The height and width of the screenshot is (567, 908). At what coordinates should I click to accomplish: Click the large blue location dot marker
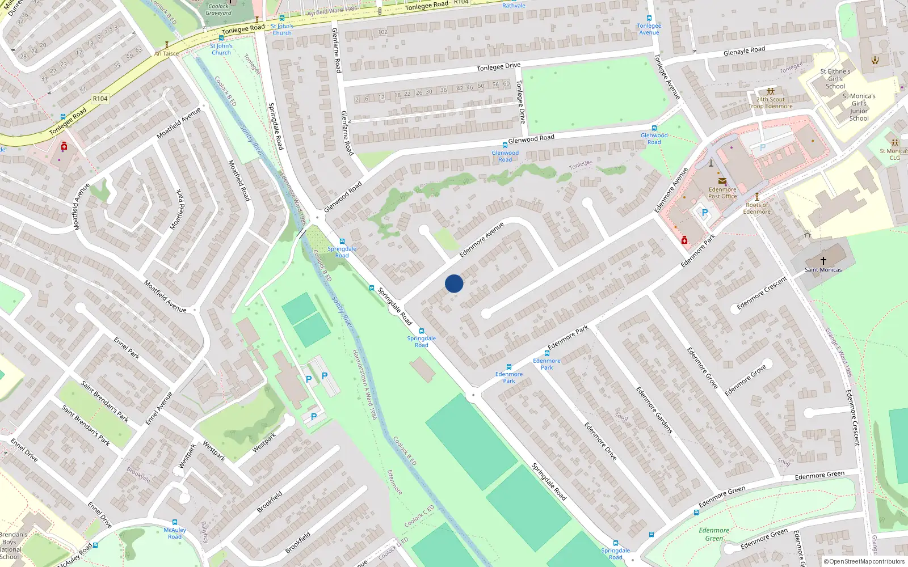point(454,283)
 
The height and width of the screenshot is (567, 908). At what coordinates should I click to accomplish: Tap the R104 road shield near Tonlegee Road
point(100,99)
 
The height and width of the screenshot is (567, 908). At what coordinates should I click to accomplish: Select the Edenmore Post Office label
point(722,193)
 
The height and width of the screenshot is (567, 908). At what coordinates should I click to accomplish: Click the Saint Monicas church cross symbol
point(823,261)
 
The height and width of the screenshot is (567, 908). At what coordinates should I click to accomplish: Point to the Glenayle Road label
point(744,51)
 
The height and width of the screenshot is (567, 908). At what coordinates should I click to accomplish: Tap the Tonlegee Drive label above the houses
point(498,67)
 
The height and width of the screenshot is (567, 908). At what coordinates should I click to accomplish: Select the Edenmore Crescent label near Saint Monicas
point(762,293)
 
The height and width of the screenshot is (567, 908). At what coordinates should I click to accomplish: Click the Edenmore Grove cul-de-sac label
point(745,380)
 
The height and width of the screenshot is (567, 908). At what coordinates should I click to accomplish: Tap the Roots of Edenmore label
point(757,208)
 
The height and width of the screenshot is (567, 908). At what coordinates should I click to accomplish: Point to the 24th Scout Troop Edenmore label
point(770,103)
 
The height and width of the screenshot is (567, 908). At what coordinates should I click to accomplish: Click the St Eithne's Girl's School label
point(835,79)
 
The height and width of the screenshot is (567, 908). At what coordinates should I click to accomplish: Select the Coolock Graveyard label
point(218,10)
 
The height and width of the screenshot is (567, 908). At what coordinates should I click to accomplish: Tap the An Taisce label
point(166,54)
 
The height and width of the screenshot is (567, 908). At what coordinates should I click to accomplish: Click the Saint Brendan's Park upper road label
point(104,401)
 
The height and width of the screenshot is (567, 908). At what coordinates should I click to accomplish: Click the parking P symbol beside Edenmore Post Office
point(705,213)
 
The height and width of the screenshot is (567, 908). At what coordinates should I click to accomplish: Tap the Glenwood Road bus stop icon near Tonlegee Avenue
point(654,128)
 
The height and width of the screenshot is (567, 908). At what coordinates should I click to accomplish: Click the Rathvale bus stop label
point(514,6)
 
